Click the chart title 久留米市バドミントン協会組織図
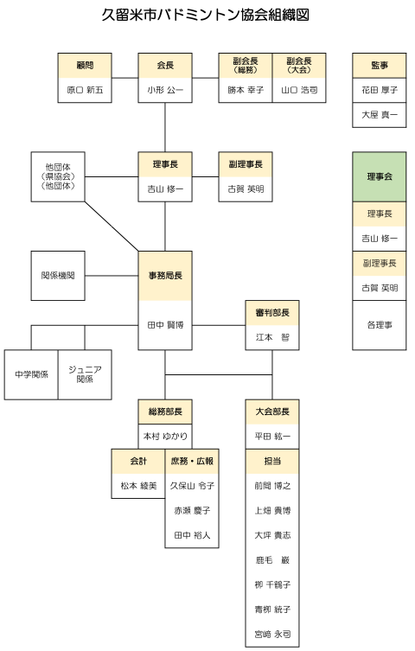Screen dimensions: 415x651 pyautogui.click(x=206, y=15)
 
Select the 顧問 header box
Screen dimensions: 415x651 pyautogui.click(x=85, y=65)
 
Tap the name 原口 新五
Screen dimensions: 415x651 pyautogui.click(x=85, y=90)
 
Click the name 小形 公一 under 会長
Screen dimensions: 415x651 pyautogui.click(x=165, y=90)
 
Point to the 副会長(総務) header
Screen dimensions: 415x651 pyautogui.click(x=246, y=65)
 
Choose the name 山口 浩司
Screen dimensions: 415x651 pyautogui.click(x=299, y=90)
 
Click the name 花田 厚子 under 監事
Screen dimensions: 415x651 pyautogui.click(x=380, y=90)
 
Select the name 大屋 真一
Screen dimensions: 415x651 pyautogui.click(x=380, y=115)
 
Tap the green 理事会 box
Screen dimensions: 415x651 pyautogui.click(x=380, y=177)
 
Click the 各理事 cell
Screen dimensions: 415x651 pyautogui.click(x=380, y=325)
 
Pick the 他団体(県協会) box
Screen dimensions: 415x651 pyautogui.click(x=58, y=177)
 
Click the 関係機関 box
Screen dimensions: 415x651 pyautogui.click(x=58, y=276)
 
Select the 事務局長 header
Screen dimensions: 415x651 pyautogui.click(x=165, y=276)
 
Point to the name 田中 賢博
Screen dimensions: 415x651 pyautogui.click(x=165, y=325)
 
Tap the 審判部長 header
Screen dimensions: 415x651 pyautogui.click(x=272, y=313)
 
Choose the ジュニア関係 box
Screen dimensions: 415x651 pyautogui.click(x=85, y=374)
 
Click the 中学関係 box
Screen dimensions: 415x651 pyautogui.click(x=31, y=374)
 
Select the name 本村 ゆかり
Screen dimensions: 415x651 pyautogui.click(x=165, y=437)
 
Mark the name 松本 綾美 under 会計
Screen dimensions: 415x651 pyautogui.click(x=138, y=486)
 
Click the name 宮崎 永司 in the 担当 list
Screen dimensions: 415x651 pyautogui.click(x=272, y=634)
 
